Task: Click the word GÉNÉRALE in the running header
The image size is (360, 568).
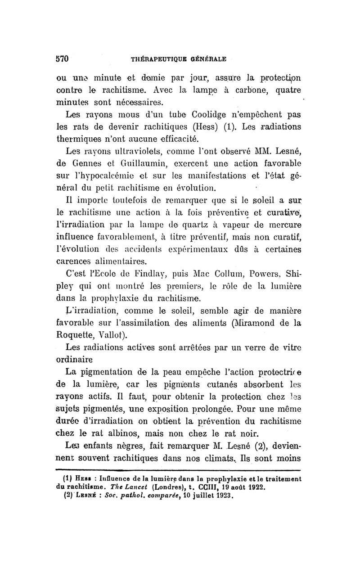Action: coord(204,59)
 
